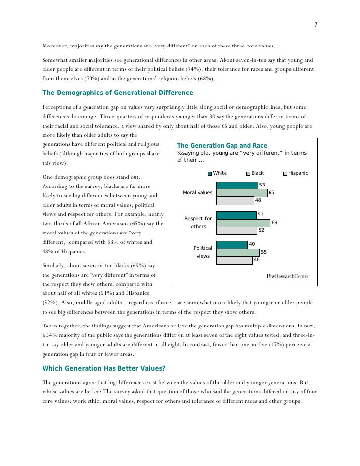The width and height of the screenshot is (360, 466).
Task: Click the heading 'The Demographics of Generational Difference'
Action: (118, 93)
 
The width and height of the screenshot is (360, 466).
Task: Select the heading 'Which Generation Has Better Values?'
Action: (103, 368)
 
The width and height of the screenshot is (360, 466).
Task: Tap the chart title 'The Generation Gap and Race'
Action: (222, 146)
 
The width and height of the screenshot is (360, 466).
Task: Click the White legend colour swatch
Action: (210, 173)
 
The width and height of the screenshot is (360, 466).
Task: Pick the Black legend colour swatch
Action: (248, 173)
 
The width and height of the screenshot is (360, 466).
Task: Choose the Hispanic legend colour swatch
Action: (285, 173)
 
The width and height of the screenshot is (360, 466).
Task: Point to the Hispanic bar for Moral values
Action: (234, 200)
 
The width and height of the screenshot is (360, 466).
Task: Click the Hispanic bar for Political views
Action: (234, 260)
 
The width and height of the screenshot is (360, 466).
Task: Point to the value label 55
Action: (264, 252)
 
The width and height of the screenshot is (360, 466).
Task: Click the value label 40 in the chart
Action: (251, 244)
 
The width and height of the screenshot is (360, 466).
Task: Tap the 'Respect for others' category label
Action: (198, 222)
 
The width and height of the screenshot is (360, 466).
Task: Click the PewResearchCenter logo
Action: (287, 276)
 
